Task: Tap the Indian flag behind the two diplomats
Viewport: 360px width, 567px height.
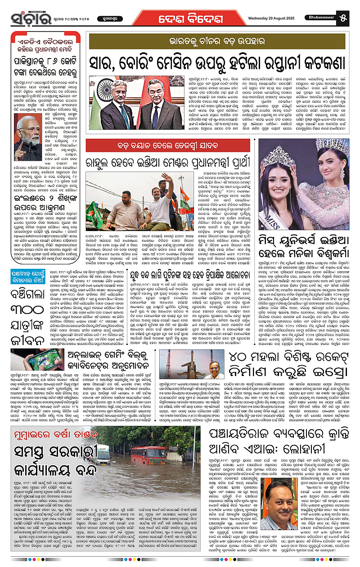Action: coord(96,104)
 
